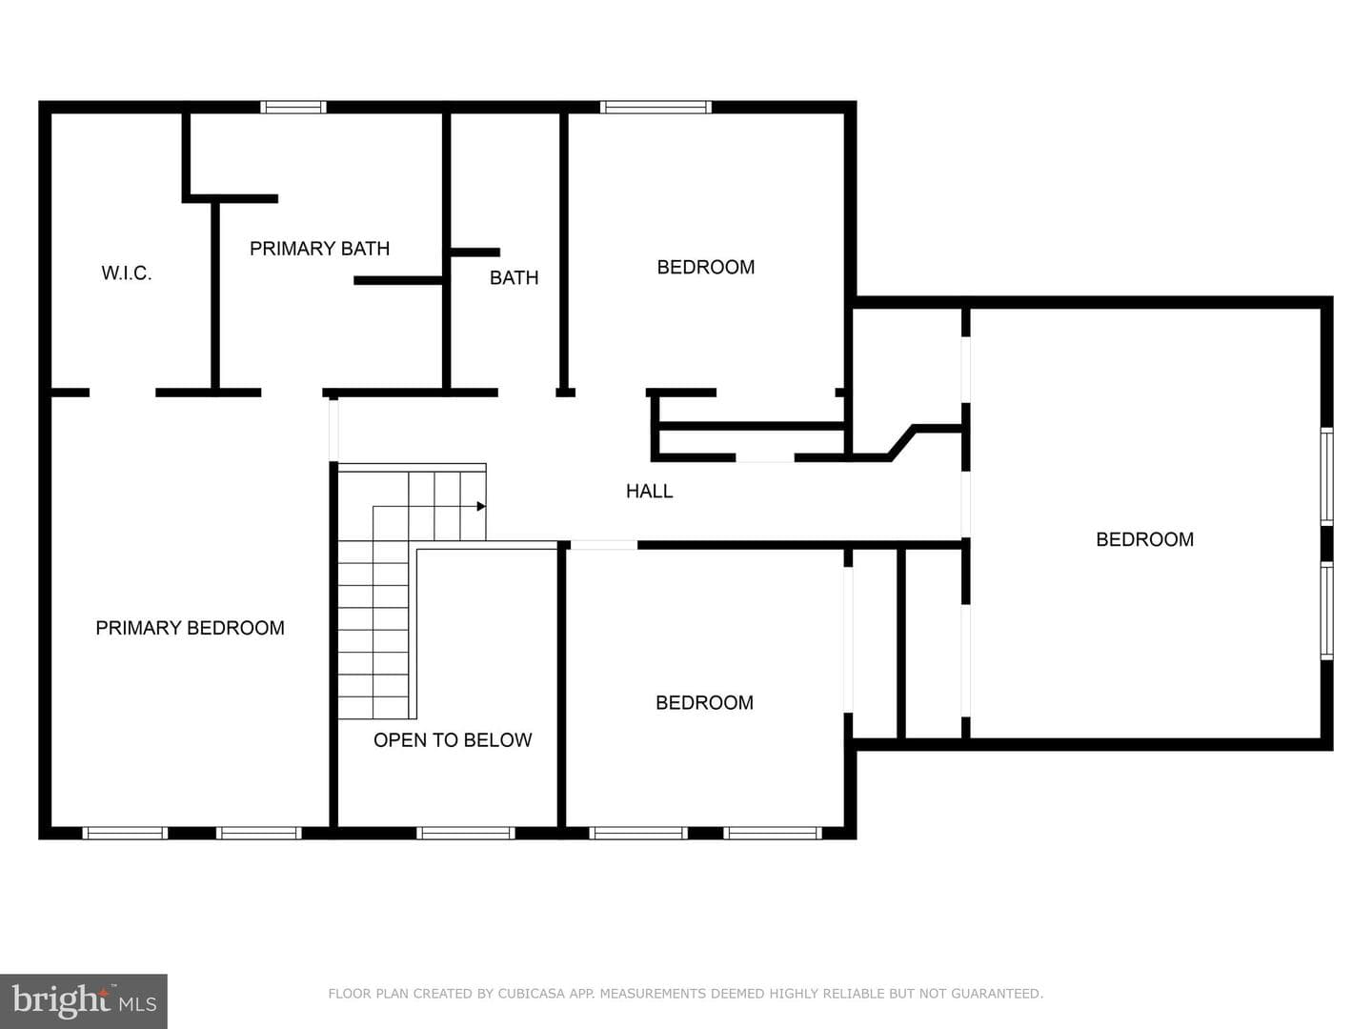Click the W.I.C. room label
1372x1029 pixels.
click(x=127, y=273)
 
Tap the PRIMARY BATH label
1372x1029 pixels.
click(x=319, y=249)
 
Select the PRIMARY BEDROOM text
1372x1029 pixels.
click(x=190, y=628)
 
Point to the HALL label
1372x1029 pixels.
click(x=650, y=491)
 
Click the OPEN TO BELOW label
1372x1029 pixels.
click(x=453, y=740)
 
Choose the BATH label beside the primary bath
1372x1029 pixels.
click(x=514, y=277)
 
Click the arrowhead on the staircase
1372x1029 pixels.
click(x=481, y=506)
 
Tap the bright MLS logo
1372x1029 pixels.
click(x=84, y=1000)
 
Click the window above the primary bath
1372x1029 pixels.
click(x=293, y=108)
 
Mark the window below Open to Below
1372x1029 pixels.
click(x=466, y=833)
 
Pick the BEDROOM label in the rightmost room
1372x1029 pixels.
click(x=1144, y=540)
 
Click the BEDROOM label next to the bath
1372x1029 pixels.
click(x=706, y=268)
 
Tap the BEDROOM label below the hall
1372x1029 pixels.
click(x=704, y=703)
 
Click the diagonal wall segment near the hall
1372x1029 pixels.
click(x=901, y=443)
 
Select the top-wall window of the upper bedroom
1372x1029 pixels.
click(x=656, y=108)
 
